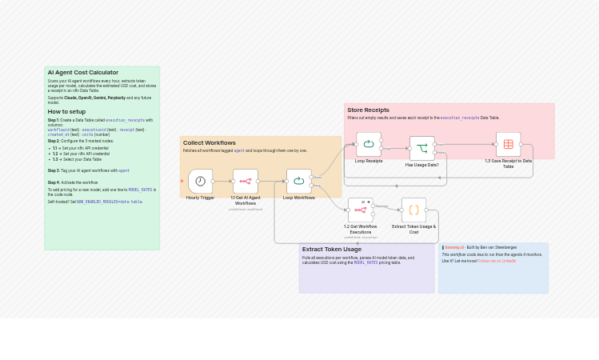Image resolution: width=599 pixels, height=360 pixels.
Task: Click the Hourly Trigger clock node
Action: click(x=200, y=181)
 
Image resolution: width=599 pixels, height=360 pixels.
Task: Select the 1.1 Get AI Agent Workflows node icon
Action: click(x=246, y=181)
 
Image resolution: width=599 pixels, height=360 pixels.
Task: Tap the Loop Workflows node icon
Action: click(x=298, y=181)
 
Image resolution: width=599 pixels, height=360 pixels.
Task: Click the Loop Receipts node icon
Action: click(x=369, y=144)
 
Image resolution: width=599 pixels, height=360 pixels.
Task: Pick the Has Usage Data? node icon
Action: click(x=421, y=148)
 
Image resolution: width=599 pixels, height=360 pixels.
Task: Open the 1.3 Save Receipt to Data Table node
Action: click(x=508, y=144)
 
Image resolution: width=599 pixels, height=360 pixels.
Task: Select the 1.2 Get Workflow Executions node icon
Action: click(x=360, y=210)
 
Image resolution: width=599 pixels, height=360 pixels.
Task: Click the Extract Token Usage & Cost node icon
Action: click(x=413, y=210)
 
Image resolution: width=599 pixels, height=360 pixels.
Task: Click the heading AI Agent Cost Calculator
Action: click(x=82, y=73)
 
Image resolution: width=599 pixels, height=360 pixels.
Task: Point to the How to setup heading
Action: click(x=66, y=112)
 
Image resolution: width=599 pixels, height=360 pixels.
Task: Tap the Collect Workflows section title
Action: click(x=209, y=142)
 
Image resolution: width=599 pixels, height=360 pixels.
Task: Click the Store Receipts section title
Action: click(x=368, y=110)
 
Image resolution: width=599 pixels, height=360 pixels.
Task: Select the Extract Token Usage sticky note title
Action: click(x=331, y=250)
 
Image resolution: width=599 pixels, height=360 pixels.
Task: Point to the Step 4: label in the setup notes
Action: click(x=54, y=182)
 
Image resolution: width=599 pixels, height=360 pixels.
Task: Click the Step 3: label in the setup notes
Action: click(x=54, y=170)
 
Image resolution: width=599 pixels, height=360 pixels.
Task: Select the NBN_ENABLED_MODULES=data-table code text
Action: click(x=109, y=202)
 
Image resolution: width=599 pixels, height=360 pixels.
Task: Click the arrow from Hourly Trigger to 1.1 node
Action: click(x=223, y=181)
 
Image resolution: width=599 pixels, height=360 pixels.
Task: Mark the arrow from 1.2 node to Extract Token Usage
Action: click(x=388, y=207)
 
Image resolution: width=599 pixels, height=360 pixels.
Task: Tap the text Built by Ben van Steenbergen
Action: click(x=491, y=247)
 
